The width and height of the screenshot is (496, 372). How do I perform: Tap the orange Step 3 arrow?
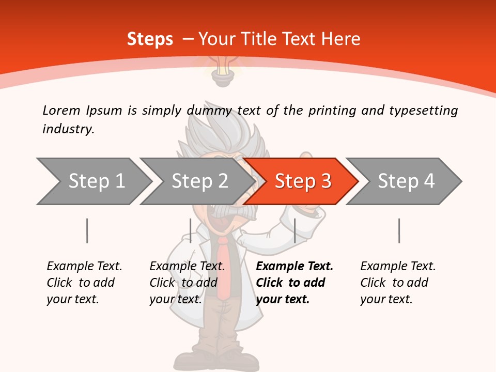click(x=303, y=181)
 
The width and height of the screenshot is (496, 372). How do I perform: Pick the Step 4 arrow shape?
click(x=406, y=181)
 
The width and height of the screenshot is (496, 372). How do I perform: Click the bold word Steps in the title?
click(x=150, y=39)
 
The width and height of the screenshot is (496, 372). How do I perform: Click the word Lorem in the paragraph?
click(x=61, y=110)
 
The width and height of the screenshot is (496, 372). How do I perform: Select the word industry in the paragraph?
click(x=68, y=129)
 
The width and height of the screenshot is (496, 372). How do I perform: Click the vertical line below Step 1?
click(x=87, y=230)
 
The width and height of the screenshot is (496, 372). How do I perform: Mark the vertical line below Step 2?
click(x=191, y=230)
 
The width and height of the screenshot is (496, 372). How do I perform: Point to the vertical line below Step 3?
click(x=295, y=230)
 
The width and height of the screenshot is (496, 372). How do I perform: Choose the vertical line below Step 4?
click(x=399, y=230)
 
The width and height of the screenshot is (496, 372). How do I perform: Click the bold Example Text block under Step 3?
click(x=295, y=283)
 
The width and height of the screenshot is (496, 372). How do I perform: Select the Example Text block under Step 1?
click(x=84, y=283)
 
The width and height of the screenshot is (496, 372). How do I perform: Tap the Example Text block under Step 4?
click(x=398, y=283)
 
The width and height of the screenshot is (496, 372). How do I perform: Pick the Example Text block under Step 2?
click(x=187, y=283)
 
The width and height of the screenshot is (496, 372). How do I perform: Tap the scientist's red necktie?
click(x=223, y=269)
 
